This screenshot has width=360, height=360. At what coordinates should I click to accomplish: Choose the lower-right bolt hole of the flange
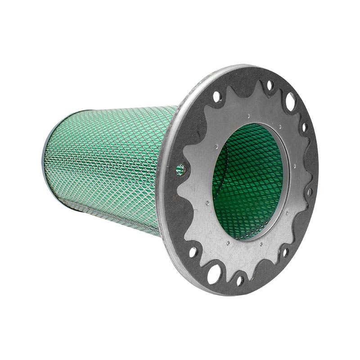pos(285,252)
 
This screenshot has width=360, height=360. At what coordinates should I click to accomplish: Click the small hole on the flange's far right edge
pos(310,192)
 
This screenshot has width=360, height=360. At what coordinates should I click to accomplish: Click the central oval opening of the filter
pos(247,180)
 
